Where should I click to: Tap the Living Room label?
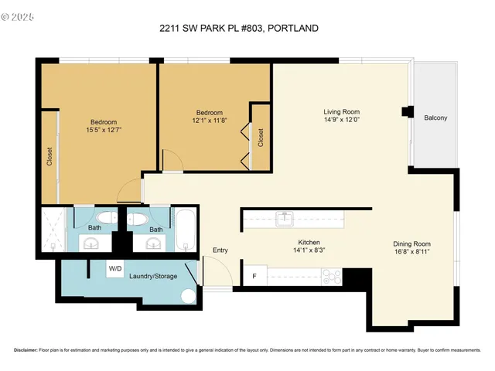(341, 113)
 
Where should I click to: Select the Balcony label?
(435, 118)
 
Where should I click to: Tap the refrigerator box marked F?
(255, 276)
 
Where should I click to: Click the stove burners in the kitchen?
(331, 275)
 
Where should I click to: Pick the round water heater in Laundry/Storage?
(188, 297)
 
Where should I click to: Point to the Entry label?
(220, 250)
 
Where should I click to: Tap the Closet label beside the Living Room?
(261, 138)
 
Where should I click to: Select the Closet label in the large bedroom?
(49, 157)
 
